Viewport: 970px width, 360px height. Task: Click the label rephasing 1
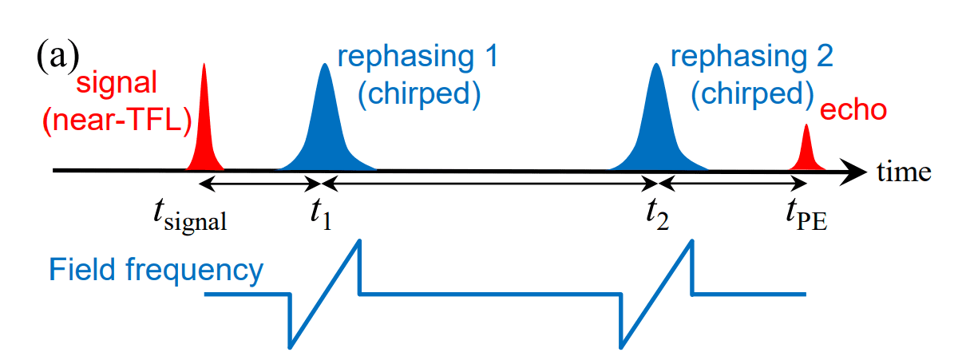pyautogui.click(x=417, y=57)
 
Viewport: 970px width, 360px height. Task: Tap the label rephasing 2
pyautogui.click(x=752, y=57)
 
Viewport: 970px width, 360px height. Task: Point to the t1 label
pyautogui.click(x=321, y=214)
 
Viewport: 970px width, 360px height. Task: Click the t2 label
pyautogui.click(x=657, y=214)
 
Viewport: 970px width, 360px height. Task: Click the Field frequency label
pyautogui.click(x=156, y=271)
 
